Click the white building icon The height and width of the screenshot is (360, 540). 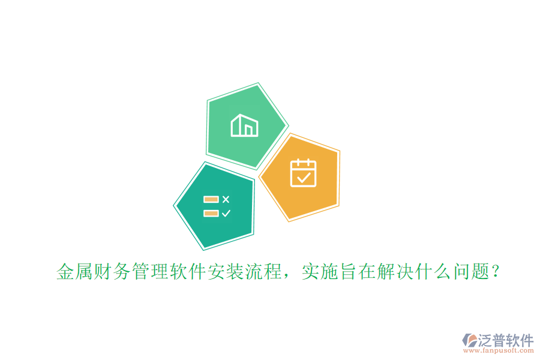click(244, 125)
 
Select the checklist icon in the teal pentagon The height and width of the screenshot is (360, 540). click(217, 206)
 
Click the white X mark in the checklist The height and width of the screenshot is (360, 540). click(226, 199)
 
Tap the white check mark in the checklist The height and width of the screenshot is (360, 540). click(226, 213)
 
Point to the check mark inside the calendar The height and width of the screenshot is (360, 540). click(304, 177)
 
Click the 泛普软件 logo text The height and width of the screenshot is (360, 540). click(506, 340)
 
